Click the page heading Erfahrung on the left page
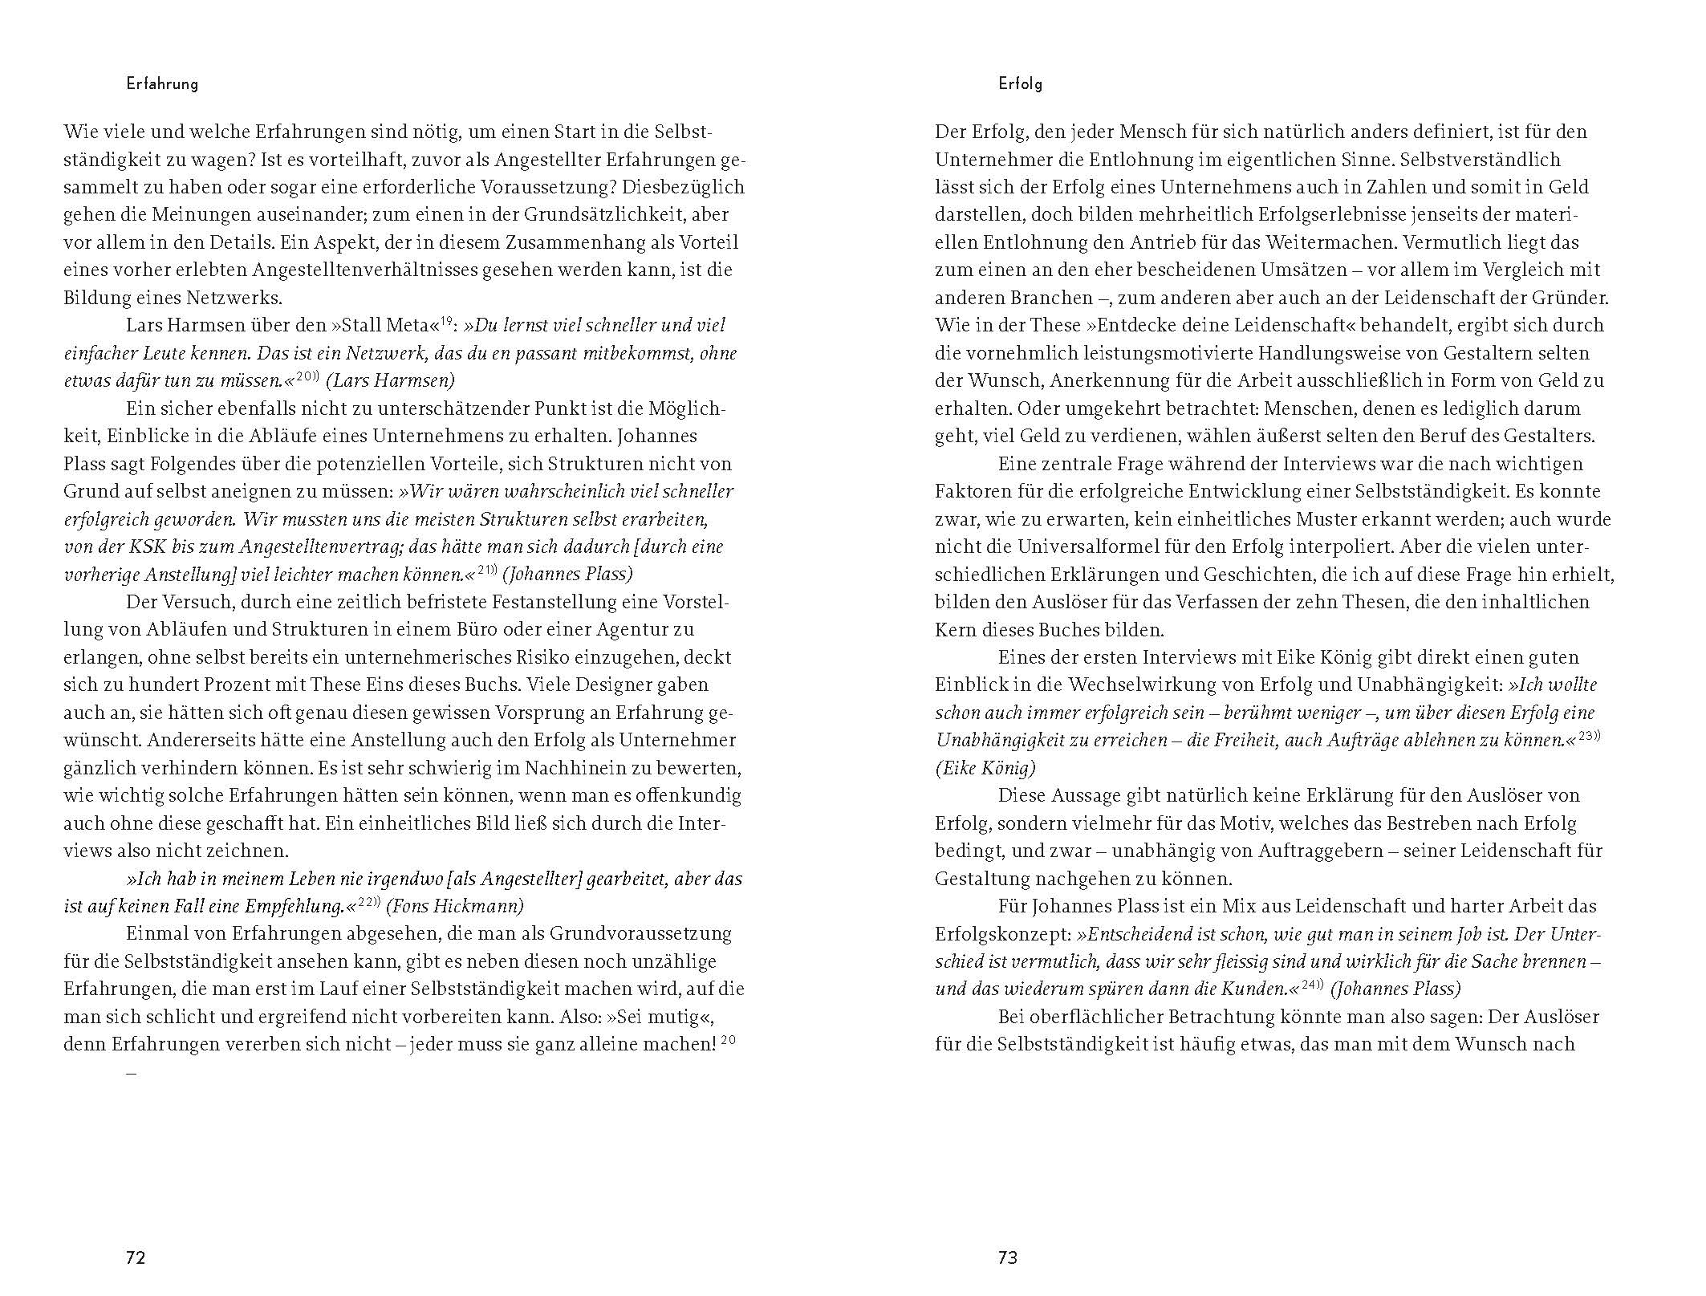pos(162,83)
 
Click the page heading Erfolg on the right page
pos(1020,83)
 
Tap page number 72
pos(136,1257)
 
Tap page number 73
pos(1008,1257)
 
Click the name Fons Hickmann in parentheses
pos(454,907)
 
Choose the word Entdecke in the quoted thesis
pos(1132,326)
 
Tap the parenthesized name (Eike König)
pos(985,769)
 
